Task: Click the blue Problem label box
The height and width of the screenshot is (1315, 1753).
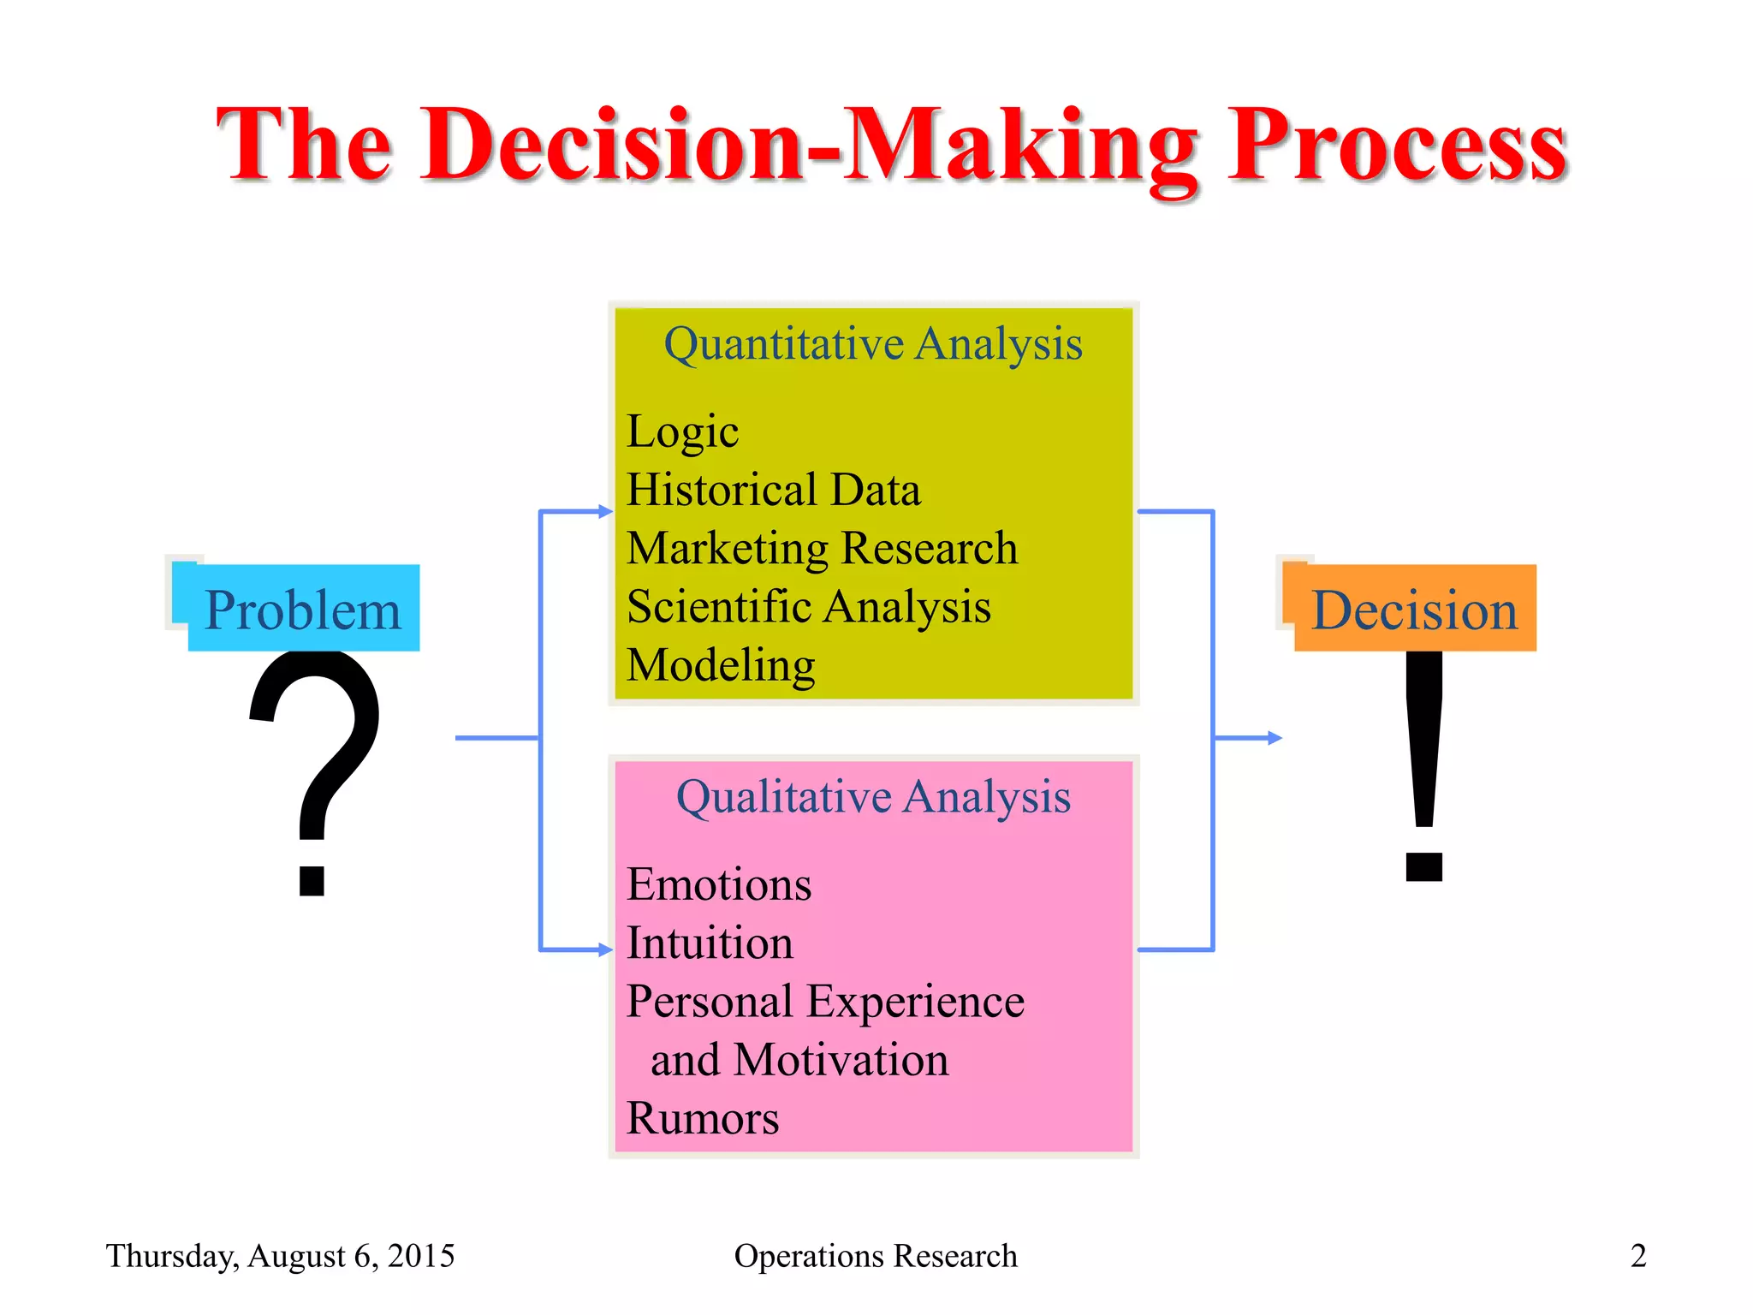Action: [302, 609]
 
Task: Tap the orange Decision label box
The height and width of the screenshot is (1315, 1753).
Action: [1414, 609]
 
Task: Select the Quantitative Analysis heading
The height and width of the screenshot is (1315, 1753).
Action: [873, 344]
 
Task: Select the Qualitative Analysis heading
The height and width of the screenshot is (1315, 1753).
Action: [873, 797]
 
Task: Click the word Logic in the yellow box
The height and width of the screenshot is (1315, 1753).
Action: [682, 431]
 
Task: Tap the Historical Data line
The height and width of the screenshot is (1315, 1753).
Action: [773, 490]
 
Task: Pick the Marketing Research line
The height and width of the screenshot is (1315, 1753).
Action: [822, 548]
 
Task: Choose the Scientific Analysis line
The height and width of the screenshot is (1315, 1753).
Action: [808, 607]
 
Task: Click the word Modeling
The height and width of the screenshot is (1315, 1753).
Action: [721, 665]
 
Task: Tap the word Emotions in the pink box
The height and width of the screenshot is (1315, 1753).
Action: [718, 884]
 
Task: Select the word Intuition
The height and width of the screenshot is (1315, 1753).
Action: [710, 943]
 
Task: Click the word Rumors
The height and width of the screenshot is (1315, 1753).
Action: [703, 1118]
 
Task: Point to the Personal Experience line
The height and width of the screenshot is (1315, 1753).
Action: [825, 1002]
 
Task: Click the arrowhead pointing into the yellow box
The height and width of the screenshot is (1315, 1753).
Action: [606, 512]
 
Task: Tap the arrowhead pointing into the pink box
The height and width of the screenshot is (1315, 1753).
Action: [606, 949]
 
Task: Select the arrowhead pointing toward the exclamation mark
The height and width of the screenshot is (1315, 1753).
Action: [1275, 738]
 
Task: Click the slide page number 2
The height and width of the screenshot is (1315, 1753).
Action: [1637, 1256]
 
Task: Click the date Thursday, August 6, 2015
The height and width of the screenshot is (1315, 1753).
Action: [280, 1256]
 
